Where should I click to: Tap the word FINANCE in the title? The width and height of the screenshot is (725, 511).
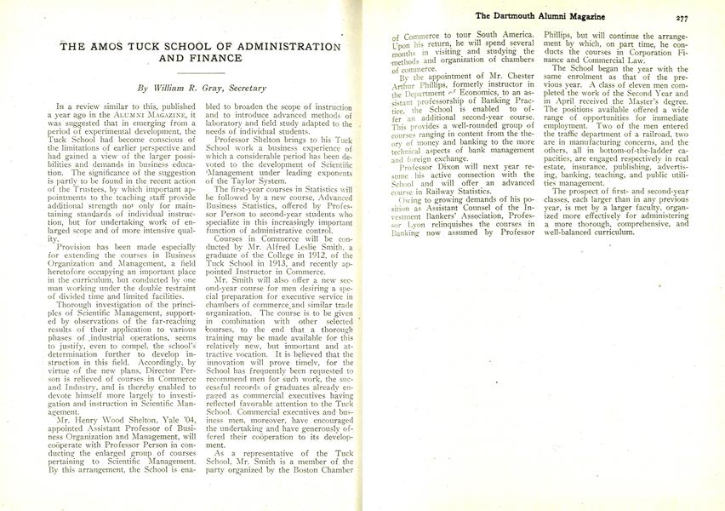coord(212,59)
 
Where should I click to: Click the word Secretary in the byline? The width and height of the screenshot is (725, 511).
coord(243,88)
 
